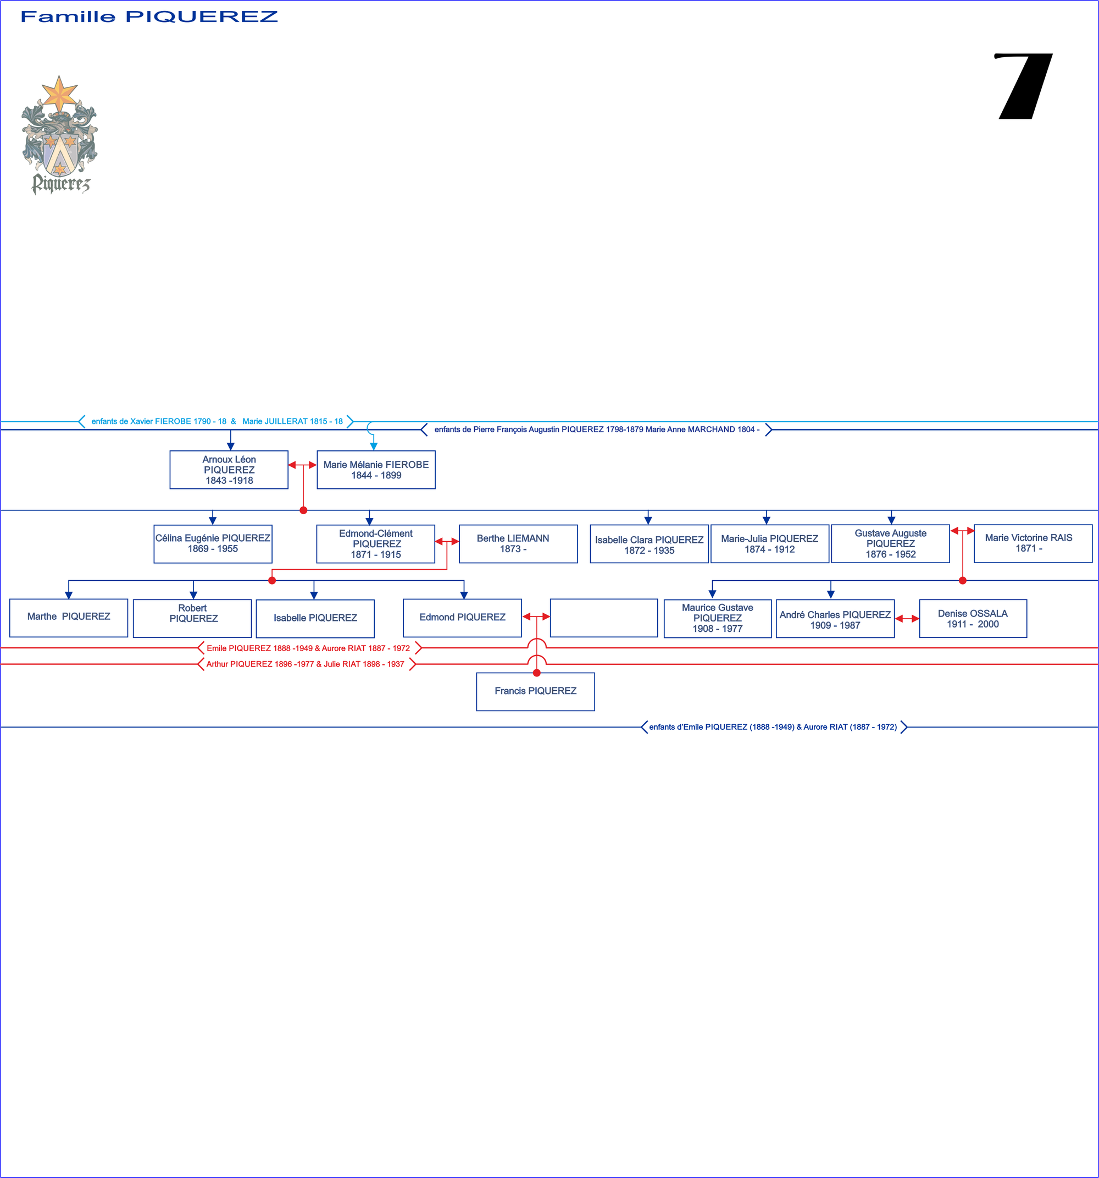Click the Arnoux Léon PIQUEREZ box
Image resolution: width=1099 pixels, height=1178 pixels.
coord(229,470)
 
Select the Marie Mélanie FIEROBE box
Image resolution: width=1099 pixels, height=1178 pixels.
coord(376,470)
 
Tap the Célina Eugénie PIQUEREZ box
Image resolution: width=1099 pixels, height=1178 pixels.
coord(213,544)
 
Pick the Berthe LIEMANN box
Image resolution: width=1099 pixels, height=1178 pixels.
coord(518,544)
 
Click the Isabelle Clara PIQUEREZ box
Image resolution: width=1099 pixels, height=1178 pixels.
coord(649,544)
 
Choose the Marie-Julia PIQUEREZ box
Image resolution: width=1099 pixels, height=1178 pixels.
coord(769,544)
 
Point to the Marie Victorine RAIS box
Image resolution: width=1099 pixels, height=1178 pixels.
coord(1033,543)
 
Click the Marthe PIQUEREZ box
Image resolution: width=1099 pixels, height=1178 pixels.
coord(69,618)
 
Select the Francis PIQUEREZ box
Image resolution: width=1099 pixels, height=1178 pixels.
coord(535,691)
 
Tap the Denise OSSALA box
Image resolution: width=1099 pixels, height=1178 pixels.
coord(972,619)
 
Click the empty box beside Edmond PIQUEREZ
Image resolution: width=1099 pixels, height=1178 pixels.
coord(603,618)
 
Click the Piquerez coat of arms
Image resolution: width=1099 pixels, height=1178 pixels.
coord(60,136)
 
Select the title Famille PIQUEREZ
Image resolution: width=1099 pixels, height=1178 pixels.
coord(149,16)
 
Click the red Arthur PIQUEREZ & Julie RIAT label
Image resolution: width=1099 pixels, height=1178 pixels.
coord(306,664)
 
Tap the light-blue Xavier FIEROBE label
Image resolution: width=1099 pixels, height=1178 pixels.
coord(217,421)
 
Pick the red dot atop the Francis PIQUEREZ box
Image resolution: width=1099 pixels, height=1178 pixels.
coord(536,673)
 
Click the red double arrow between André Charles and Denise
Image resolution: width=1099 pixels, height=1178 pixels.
coord(907,619)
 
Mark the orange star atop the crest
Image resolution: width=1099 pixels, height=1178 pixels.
coord(59,93)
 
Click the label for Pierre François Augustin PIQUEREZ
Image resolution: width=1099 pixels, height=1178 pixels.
coord(596,430)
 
